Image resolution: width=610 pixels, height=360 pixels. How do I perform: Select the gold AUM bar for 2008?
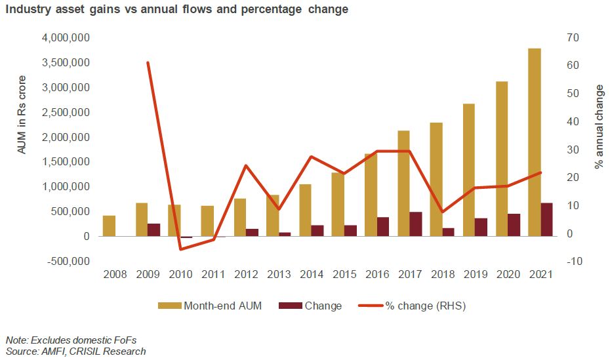tap(110, 226)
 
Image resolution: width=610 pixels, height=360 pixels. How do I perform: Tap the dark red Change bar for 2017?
tap(416, 224)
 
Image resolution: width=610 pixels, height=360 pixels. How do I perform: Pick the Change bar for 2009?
tap(154, 230)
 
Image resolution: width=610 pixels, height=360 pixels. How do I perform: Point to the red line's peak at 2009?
tap(148, 63)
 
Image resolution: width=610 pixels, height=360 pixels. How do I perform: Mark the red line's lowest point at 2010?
tap(180, 249)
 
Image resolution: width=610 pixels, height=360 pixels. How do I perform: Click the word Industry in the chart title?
tap(27, 10)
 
